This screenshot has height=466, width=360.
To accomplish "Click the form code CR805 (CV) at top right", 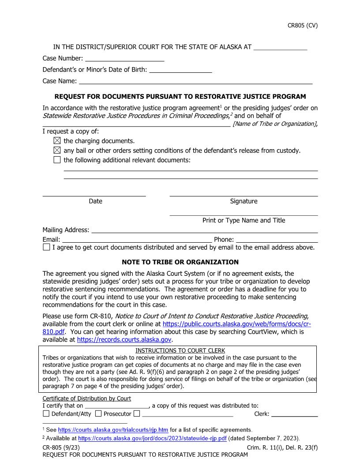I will tap(302, 25).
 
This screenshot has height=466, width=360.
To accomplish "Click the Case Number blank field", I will tap(124, 58).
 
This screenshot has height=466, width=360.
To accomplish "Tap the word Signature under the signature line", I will tap(244, 201).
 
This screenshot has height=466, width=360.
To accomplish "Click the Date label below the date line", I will tap(95, 201).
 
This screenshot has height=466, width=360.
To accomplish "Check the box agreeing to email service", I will tap(47, 248).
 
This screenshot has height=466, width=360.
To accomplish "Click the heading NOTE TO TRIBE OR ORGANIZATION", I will tap(180, 262).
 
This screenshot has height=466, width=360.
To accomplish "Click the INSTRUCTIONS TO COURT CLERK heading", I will tap(180, 351).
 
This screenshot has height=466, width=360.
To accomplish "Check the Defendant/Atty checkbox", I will tap(46, 414).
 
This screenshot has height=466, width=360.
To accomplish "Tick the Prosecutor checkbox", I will tap(98, 414).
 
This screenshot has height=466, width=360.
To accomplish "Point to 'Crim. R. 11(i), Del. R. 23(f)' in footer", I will tap(282, 447).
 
